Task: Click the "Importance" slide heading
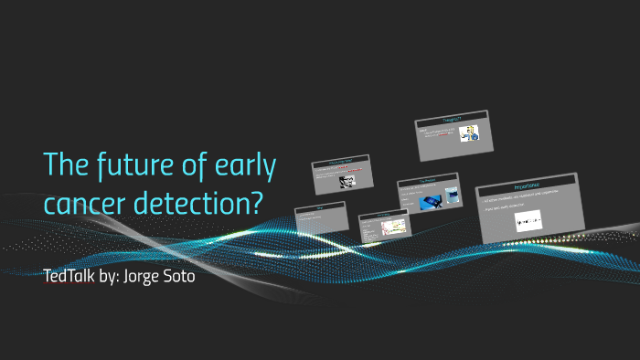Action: pyautogui.click(x=530, y=185)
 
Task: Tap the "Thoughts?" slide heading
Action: pyautogui.click(x=452, y=120)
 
